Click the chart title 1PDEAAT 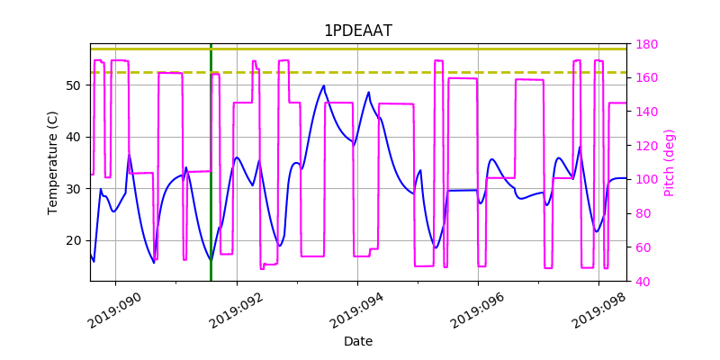(358, 31)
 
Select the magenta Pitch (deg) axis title (669, 163)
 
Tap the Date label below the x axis (358, 341)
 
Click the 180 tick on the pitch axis (647, 44)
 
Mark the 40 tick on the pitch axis (643, 282)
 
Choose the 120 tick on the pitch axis (647, 146)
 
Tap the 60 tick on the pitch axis (643, 247)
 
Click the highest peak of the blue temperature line (324, 86)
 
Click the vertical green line (211, 180)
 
